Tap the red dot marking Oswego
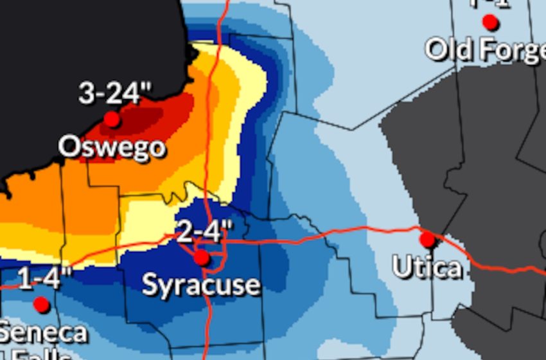coord(112,119)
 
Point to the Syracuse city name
coord(201,284)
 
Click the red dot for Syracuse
coord(202,258)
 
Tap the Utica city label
coord(427,267)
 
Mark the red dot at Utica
coord(427,240)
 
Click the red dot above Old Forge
coord(490,22)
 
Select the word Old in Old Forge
coord(447,49)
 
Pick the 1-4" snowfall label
coord(45,280)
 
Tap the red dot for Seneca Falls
coord(42,304)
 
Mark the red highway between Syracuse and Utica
coord(321,235)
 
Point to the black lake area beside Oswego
coord(64,51)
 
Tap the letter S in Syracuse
coord(150,284)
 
